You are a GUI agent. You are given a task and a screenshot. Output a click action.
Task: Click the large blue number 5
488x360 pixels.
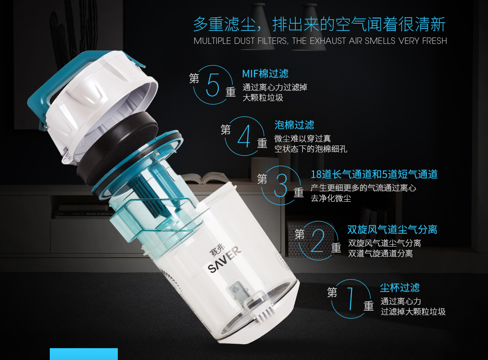click(x=213, y=84)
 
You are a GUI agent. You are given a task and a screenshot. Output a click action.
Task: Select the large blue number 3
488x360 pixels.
click(x=281, y=185)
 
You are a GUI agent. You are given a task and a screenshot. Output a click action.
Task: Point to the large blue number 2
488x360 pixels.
click(x=317, y=241)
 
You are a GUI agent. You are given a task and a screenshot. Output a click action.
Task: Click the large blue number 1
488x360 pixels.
click(x=350, y=299)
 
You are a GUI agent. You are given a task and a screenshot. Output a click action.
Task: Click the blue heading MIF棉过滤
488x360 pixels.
click(x=265, y=73)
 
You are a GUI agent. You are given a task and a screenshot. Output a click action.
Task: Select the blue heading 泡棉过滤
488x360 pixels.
click(x=294, y=125)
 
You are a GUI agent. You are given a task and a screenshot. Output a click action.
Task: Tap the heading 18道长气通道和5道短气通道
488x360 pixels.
click(x=374, y=175)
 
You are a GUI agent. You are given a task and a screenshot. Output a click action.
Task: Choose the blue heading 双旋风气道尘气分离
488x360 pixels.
click(x=392, y=229)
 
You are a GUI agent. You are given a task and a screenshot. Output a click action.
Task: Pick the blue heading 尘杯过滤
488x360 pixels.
click(x=400, y=288)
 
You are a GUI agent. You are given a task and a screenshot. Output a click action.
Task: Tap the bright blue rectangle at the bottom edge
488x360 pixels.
click(x=84, y=354)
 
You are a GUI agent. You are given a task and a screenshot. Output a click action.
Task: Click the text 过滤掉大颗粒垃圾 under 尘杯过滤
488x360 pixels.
click(x=413, y=312)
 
